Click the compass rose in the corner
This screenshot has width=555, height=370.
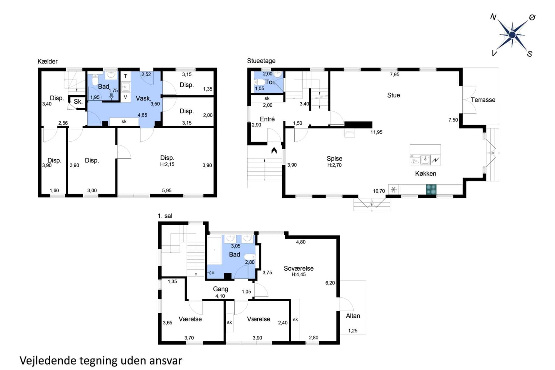(x=512, y=35)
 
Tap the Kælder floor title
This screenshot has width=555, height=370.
(x=48, y=62)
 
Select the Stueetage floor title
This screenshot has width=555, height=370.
(x=261, y=61)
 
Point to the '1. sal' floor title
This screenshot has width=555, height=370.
(x=165, y=216)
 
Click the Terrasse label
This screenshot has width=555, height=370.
(x=483, y=100)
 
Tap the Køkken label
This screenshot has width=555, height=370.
(x=425, y=174)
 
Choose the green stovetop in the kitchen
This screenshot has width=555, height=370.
(x=431, y=189)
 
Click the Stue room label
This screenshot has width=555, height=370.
(x=393, y=95)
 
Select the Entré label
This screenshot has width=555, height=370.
(x=267, y=119)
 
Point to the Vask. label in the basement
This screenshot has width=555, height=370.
(x=143, y=98)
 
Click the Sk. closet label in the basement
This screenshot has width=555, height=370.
(x=78, y=102)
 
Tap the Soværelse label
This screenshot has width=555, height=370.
(x=298, y=268)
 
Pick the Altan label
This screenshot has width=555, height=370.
(x=353, y=316)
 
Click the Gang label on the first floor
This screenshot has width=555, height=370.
(x=220, y=289)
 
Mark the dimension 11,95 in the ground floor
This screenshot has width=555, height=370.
(x=376, y=132)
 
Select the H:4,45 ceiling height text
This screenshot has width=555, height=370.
(x=298, y=275)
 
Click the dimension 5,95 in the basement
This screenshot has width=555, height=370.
(x=167, y=191)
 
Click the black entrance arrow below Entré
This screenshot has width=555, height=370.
(x=274, y=150)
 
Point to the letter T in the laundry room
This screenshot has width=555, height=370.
(x=126, y=76)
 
